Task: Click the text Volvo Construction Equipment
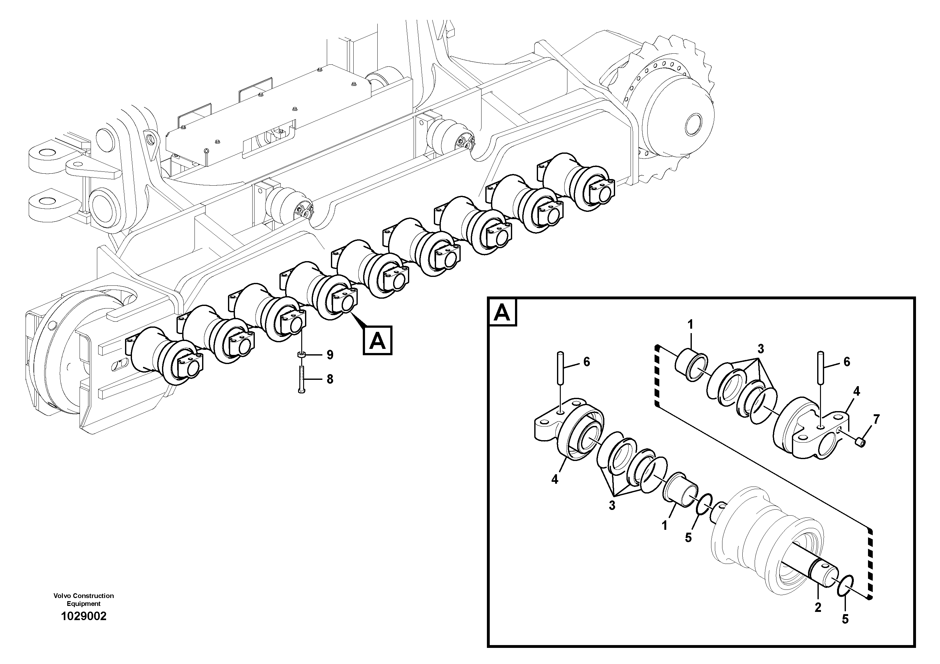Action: point(84,599)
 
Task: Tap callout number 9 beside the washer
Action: point(330,355)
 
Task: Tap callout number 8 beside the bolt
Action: point(330,380)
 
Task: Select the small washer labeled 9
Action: point(301,355)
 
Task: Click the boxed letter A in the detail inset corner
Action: point(503,313)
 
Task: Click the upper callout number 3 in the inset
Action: point(761,349)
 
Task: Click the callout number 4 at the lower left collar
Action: point(555,479)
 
